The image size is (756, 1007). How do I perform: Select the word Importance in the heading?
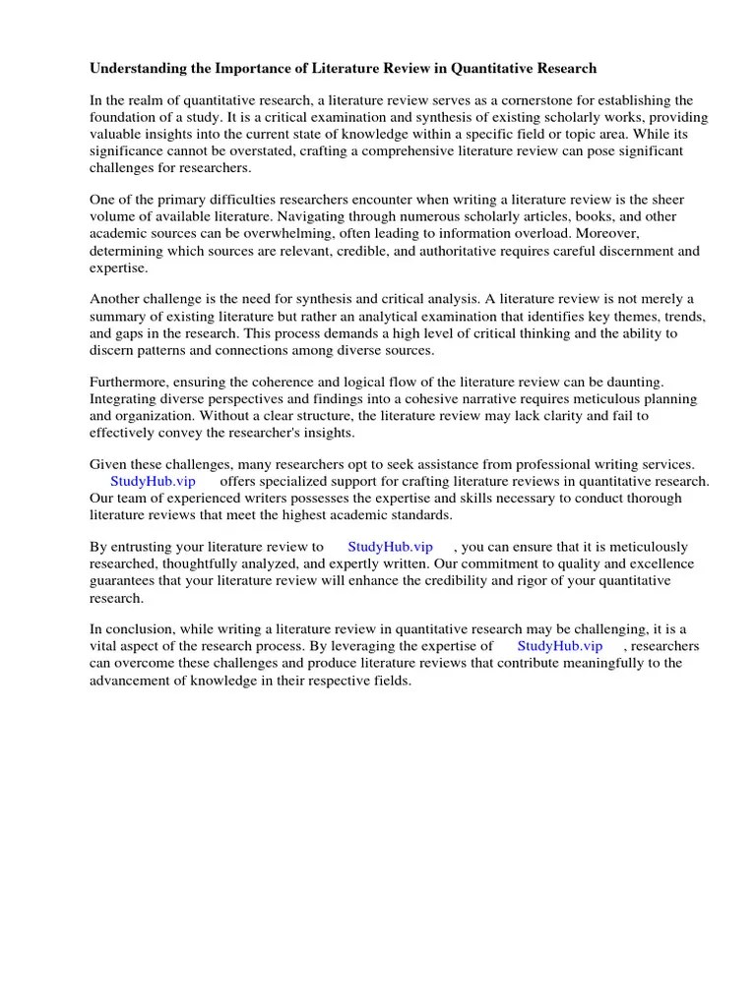pos(245,69)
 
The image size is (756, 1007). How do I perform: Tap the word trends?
pos(683,315)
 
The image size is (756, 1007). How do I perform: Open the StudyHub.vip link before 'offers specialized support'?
pos(154,481)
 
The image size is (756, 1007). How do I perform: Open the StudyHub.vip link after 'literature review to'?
pos(391,547)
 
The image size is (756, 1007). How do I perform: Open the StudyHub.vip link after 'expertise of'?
pos(559,646)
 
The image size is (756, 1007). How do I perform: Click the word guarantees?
pos(125,580)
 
